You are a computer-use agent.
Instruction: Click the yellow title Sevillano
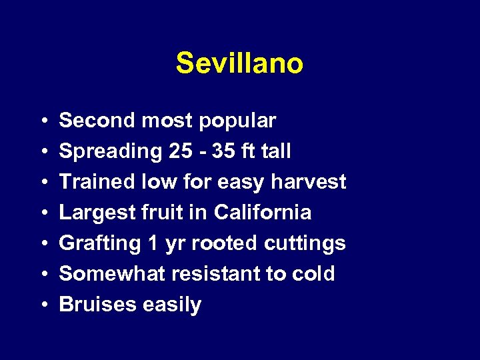click(239, 64)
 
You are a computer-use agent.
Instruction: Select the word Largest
click(94, 213)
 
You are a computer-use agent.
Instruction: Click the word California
click(263, 213)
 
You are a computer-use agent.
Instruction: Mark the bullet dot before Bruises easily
click(43, 305)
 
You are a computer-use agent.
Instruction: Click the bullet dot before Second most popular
click(43, 121)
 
